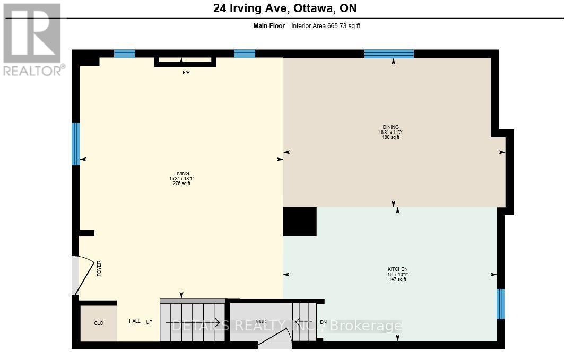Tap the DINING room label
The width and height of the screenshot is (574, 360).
393,127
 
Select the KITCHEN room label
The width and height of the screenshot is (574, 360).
397,269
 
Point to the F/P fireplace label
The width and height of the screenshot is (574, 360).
186,72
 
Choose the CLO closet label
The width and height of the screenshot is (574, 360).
98,323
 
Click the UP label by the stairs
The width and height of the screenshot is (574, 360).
149,322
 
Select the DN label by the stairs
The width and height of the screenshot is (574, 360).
324,322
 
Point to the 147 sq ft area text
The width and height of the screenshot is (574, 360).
397,279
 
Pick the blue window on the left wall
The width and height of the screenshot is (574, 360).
75,144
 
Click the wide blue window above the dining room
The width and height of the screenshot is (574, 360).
389,53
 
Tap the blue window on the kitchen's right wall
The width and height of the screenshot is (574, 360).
500,304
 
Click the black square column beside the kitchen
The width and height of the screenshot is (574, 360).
300,221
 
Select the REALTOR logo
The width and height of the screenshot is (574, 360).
33,39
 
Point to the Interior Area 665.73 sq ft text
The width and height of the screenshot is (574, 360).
326,26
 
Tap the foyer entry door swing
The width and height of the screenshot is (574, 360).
85,275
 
